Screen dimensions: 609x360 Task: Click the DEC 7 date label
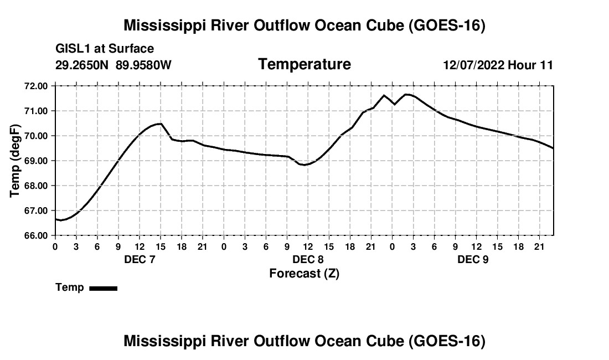click(x=140, y=259)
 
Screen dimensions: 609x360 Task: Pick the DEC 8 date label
click(x=308, y=259)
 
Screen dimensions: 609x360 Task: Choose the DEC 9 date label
click(x=473, y=259)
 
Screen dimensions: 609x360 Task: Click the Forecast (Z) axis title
click(x=304, y=274)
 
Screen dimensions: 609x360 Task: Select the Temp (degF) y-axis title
click(x=15, y=161)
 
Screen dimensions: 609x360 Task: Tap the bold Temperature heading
click(x=304, y=64)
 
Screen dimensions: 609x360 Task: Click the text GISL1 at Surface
click(x=105, y=49)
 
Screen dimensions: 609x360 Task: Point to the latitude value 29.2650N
click(x=82, y=65)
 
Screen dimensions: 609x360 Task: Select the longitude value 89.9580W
click(x=143, y=65)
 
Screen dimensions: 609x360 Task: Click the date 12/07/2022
click(x=474, y=65)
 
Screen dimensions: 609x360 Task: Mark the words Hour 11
click(x=530, y=65)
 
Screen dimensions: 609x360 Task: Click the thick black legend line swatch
click(x=104, y=289)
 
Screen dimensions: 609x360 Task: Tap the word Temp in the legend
click(x=70, y=287)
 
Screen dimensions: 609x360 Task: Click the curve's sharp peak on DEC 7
click(x=161, y=124)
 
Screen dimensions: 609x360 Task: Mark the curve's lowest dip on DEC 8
click(x=304, y=165)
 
